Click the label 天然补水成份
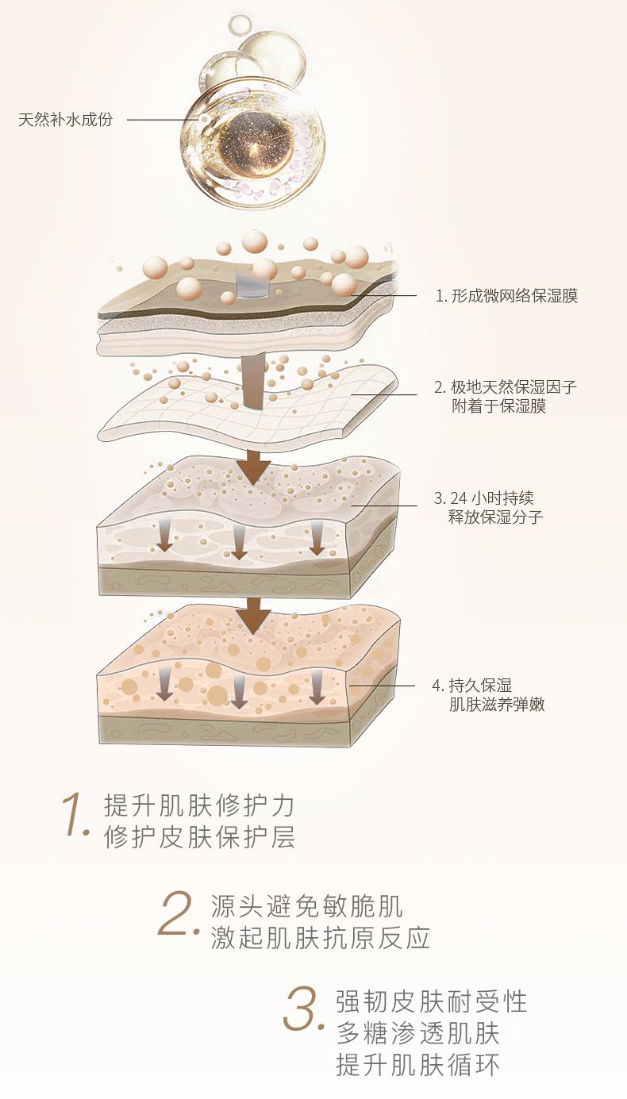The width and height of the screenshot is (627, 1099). pyautogui.click(x=66, y=119)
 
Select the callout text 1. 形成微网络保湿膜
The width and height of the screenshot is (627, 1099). pyautogui.click(x=507, y=296)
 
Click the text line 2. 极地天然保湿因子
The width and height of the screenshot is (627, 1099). pyautogui.click(x=506, y=386)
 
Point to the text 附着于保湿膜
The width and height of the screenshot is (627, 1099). pyautogui.click(x=498, y=405)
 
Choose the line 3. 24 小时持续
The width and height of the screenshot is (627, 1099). pyautogui.click(x=483, y=498)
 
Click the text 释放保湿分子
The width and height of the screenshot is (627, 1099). pyautogui.click(x=496, y=517)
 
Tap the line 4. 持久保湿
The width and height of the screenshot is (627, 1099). pyautogui.click(x=472, y=686)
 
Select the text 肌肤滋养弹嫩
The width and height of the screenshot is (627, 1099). pyautogui.click(x=497, y=705)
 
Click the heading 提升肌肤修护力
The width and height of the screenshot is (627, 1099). pyautogui.click(x=199, y=805)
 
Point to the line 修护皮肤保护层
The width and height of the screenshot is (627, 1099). pyautogui.click(x=199, y=837)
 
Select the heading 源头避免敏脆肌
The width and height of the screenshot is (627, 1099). pyautogui.click(x=306, y=905)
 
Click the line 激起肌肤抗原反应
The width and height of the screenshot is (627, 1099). pyautogui.click(x=321, y=938)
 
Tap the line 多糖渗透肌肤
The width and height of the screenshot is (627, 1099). pyautogui.click(x=418, y=1033)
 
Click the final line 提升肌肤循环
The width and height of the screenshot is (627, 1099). pyautogui.click(x=418, y=1065)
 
